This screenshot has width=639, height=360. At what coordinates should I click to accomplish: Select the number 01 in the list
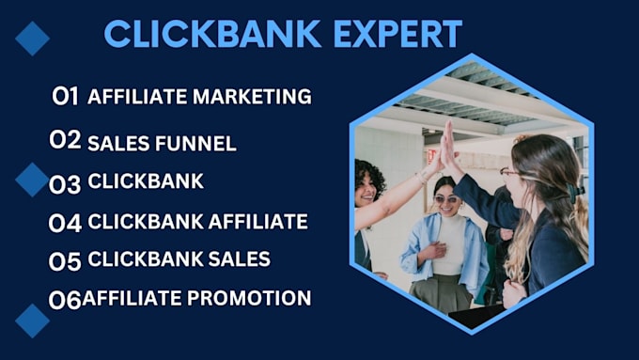(65, 96)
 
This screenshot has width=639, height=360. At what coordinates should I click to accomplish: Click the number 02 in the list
(65, 141)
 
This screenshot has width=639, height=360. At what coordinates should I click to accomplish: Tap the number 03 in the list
(65, 183)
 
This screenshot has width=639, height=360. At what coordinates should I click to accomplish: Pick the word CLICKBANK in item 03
(146, 181)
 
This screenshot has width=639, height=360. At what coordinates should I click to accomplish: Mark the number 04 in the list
(66, 223)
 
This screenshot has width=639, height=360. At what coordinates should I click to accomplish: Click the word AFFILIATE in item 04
(258, 222)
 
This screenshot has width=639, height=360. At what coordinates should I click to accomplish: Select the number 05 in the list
(65, 260)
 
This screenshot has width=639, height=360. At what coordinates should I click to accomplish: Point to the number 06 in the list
(65, 300)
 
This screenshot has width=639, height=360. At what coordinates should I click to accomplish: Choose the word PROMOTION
(250, 298)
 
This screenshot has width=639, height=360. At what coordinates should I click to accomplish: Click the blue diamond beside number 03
(32, 179)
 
